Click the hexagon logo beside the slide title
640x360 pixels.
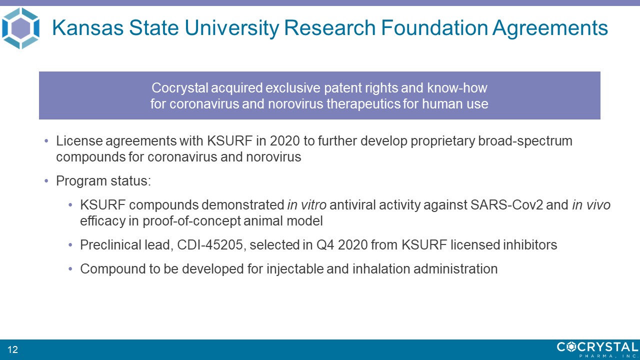[x=20, y=28]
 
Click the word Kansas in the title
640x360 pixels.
[x=87, y=28]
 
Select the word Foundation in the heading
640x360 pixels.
[x=434, y=28]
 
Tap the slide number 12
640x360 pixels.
[x=13, y=349]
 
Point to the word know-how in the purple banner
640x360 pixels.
[x=457, y=87]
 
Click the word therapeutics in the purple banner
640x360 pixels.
[x=363, y=103]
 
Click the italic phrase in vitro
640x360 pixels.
[x=307, y=205]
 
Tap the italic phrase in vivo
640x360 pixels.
[x=591, y=205]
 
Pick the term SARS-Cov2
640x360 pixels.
[x=506, y=205]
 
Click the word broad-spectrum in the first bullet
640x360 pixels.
[x=525, y=141]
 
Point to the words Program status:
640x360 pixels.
[x=103, y=181]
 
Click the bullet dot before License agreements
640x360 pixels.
[x=46, y=141]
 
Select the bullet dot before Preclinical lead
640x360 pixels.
[x=70, y=245]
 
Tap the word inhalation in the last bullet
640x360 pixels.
[x=381, y=269]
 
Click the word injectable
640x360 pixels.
[x=294, y=269]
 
